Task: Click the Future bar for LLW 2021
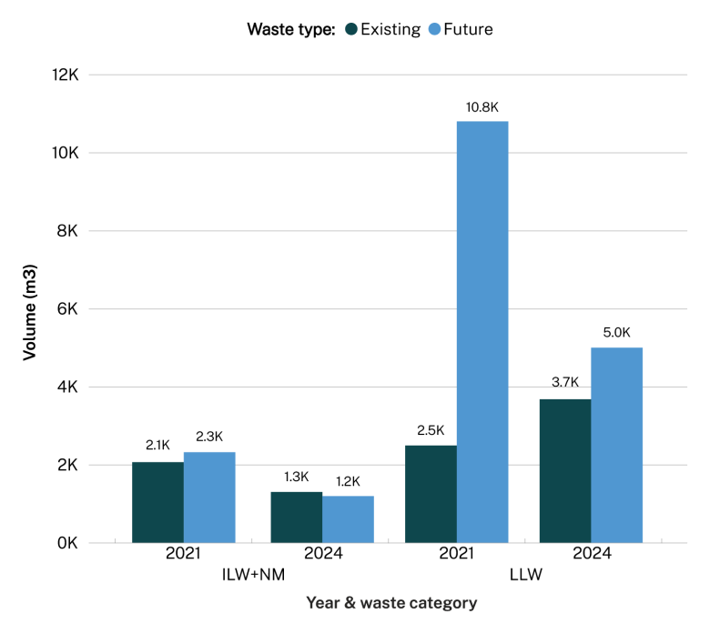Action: (482, 332)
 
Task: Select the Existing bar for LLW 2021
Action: (431, 494)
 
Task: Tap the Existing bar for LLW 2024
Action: (565, 470)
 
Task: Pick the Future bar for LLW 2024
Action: (616, 445)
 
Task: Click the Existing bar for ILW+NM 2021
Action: (157, 502)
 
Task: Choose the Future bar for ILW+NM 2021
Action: (209, 498)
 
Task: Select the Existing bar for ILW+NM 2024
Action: (296, 518)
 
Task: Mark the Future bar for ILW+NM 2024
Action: (348, 519)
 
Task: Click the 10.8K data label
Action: (482, 107)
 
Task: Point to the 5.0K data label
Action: (616, 333)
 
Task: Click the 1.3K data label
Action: (296, 477)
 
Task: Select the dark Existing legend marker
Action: (350, 29)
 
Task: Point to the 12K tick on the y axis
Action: (66, 75)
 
